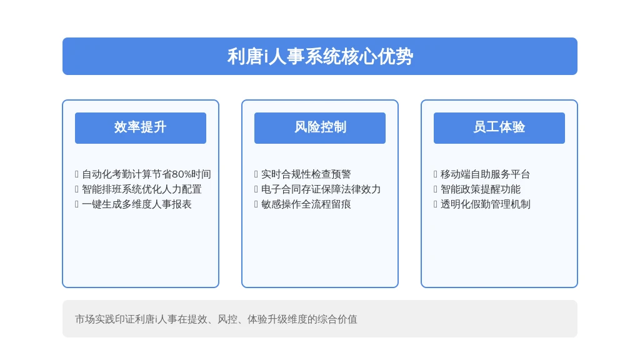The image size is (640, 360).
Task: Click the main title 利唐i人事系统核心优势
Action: coord(320,56)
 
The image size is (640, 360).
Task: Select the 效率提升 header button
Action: coord(141,127)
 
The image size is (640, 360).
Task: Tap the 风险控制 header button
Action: coord(319,127)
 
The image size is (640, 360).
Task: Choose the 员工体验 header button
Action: coord(499,127)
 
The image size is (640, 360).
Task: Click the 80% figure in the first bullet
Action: coord(182,174)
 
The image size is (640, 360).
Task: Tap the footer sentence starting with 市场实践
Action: coord(216,319)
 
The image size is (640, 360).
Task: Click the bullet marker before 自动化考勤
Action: coord(77,174)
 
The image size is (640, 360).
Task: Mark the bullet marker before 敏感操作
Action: coord(256,204)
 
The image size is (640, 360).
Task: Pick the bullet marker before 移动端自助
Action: coord(436,174)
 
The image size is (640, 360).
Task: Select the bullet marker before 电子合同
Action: coord(256,189)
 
